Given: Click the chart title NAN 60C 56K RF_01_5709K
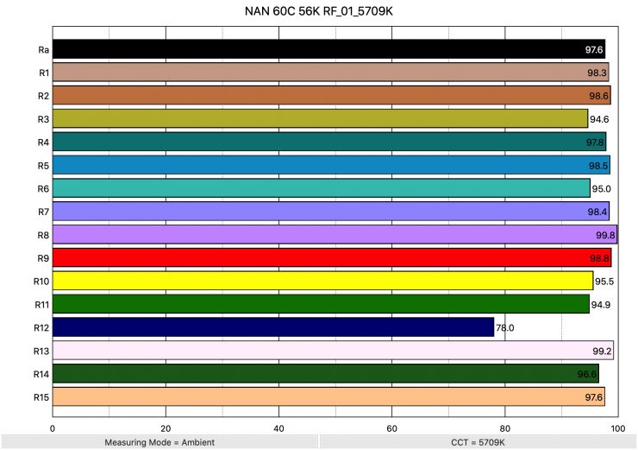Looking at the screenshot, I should (x=319, y=12).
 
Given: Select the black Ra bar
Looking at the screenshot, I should (x=328, y=49).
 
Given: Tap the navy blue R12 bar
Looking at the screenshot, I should (x=272, y=327).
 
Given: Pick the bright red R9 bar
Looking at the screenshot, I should (x=331, y=257).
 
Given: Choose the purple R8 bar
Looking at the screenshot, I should (x=335, y=234).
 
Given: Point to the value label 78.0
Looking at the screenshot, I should (x=505, y=328).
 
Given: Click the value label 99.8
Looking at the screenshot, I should (x=605, y=235).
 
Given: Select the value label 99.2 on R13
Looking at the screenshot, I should (x=602, y=352).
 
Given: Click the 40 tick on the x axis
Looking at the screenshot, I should (x=278, y=427).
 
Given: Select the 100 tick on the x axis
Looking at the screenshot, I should (x=617, y=427).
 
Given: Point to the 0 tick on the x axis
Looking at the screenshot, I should (x=53, y=427).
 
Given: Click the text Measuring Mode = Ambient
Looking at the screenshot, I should (x=159, y=442).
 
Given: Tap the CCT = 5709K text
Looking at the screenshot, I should (x=478, y=442).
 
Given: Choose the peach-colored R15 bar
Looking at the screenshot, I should (x=328, y=396).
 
